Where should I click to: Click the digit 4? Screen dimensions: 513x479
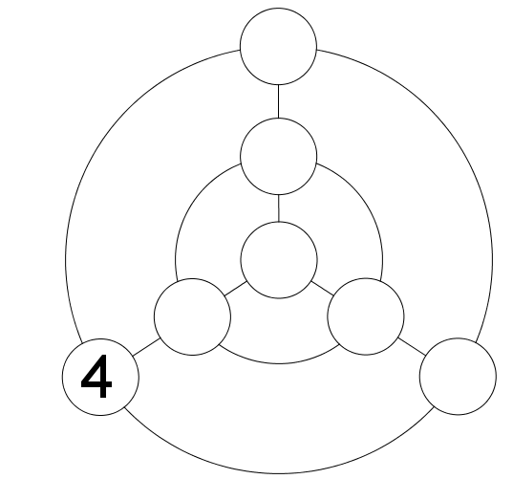[x=96, y=377]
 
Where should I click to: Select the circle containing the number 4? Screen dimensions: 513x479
[x=100, y=377]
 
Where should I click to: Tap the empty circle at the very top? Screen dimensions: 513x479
[x=278, y=46]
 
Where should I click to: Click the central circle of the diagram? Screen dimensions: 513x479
[x=279, y=260]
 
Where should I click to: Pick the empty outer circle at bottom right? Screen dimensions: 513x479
[x=458, y=377]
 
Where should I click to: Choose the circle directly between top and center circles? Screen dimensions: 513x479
[x=278, y=157]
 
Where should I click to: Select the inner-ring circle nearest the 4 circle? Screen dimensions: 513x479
[x=192, y=316]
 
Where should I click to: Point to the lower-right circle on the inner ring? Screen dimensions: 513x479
[x=366, y=316]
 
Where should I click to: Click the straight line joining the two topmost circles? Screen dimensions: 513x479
[x=278, y=101]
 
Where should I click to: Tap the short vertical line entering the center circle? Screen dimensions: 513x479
[x=279, y=208]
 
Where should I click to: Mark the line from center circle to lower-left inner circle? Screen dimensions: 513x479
[x=236, y=289]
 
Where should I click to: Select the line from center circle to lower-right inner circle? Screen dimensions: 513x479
[x=322, y=288]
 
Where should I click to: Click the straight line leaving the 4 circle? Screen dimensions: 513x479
[x=146, y=347]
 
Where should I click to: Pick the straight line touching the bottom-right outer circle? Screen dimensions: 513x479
[x=412, y=346]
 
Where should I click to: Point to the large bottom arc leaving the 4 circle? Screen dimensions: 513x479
[x=279, y=473]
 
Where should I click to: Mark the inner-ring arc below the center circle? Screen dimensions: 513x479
[x=279, y=363]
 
